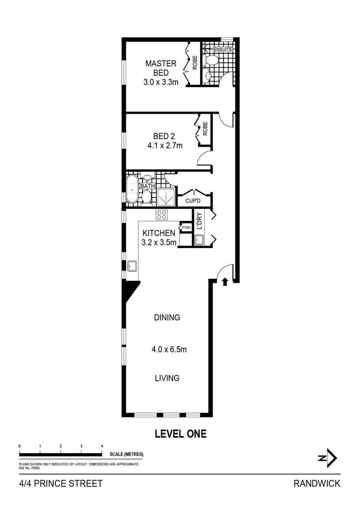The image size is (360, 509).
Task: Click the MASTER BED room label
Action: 160,68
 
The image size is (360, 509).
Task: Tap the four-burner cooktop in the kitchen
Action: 162,215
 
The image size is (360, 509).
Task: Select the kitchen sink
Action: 132,266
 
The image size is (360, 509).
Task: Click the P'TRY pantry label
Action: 186,228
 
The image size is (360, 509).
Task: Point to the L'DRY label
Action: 199,221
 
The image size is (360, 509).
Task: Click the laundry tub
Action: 199,240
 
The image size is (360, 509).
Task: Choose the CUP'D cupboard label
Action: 194,200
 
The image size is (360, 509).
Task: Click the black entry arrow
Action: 225,281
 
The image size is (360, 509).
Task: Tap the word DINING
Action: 167,317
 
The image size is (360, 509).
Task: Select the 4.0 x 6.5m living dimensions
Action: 169,349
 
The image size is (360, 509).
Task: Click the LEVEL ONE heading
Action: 180,434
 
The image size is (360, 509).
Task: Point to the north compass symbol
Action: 329,459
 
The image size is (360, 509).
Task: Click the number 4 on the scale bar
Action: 102,446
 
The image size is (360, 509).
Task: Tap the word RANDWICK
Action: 317,483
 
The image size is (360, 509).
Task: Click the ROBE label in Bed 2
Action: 205,129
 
